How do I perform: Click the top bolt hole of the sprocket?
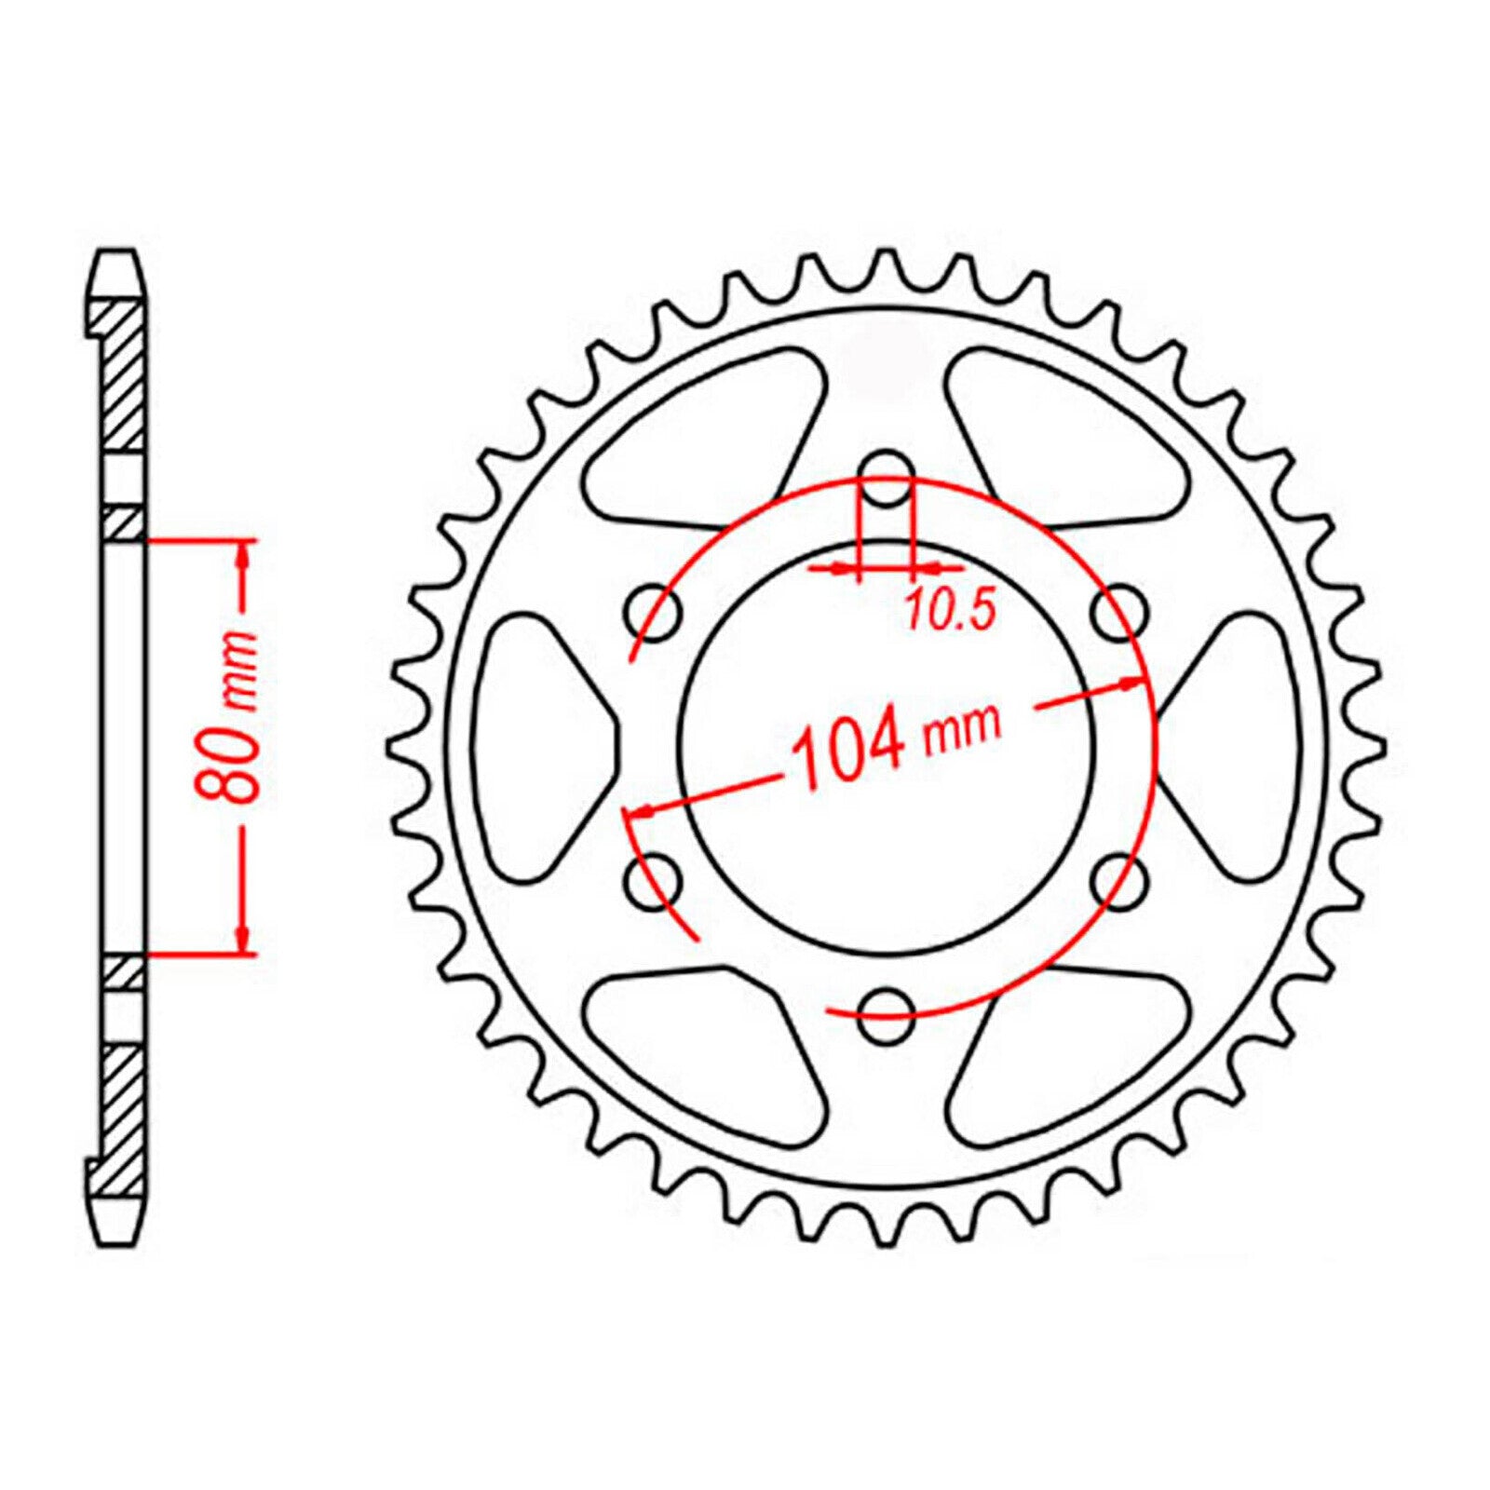[x=886, y=472]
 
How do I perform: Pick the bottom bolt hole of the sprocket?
[x=886, y=1016]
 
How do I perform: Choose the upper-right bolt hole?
[x=1118, y=612]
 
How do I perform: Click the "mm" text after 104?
[x=962, y=725]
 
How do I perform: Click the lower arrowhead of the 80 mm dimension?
[x=244, y=939]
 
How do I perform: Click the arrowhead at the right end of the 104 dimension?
[x=1131, y=683]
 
